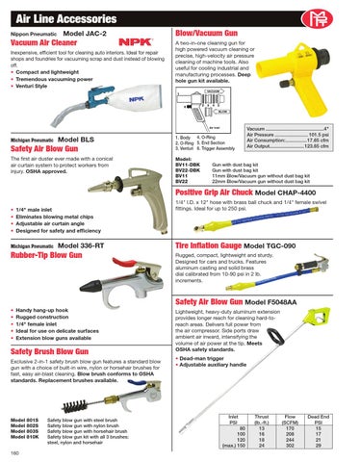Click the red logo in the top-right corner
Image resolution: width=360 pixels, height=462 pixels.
coord(341,13)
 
